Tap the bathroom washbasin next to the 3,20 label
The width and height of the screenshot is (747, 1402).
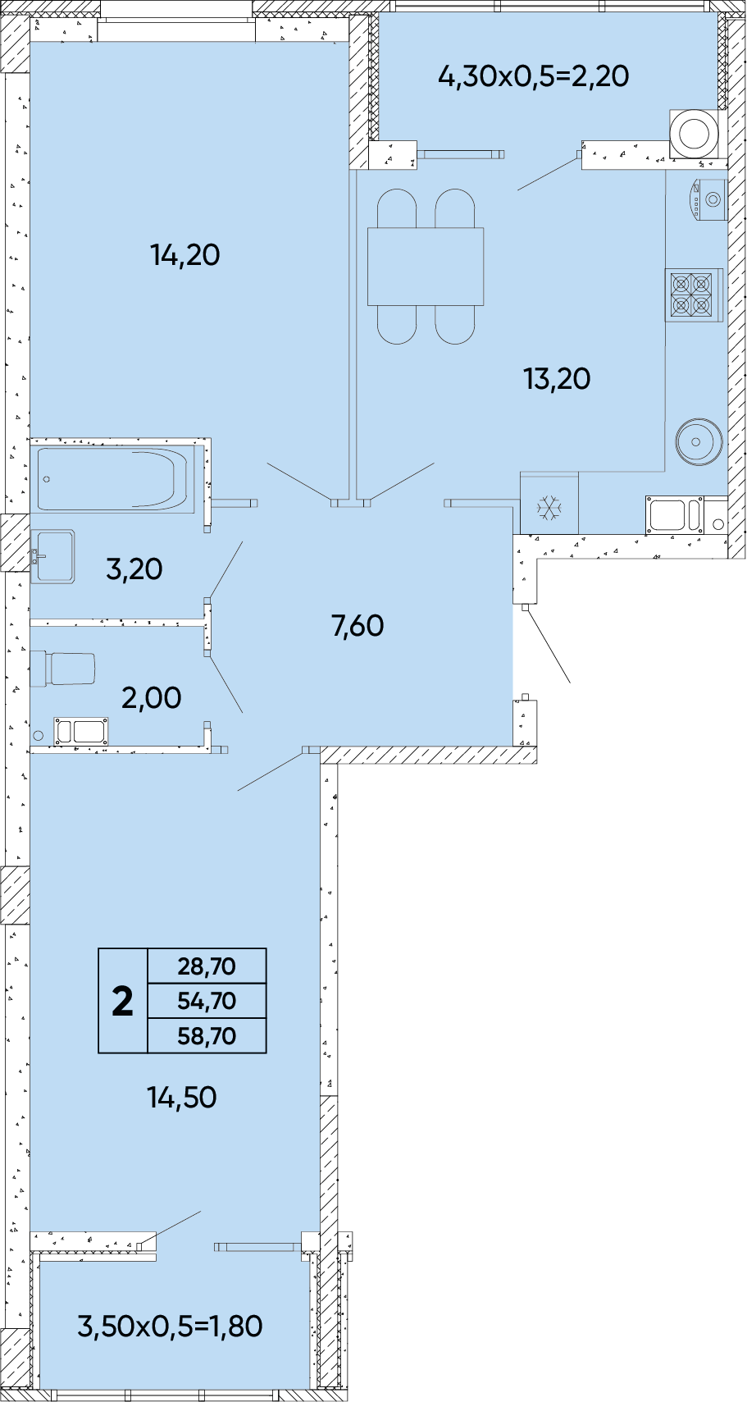pyautogui.click(x=54, y=556)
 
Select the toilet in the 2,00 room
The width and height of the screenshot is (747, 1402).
pyautogui.click(x=62, y=669)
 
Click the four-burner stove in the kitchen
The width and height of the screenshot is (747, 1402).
pyautogui.click(x=692, y=295)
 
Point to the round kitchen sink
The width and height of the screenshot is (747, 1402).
pyautogui.click(x=699, y=441)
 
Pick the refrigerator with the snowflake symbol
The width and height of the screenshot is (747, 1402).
pyautogui.click(x=549, y=503)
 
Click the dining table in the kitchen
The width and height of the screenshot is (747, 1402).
pyautogui.click(x=426, y=267)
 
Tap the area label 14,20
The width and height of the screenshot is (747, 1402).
pyautogui.click(x=185, y=255)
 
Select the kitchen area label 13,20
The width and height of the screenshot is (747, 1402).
pyautogui.click(x=557, y=379)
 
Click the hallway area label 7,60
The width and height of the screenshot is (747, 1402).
pyautogui.click(x=358, y=625)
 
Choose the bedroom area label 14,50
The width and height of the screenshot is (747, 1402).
pyautogui.click(x=182, y=1097)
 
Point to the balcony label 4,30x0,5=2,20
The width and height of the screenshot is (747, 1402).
pyautogui.click(x=534, y=75)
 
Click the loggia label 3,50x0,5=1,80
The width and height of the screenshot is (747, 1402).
pyautogui.click(x=171, y=1326)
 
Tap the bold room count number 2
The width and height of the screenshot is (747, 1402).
pyautogui.click(x=123, y=1002)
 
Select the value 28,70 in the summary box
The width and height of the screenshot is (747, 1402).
pyautogui.click(x=207, y=966)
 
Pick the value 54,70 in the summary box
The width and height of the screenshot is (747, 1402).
pyautogui.click(x=207, y=1001)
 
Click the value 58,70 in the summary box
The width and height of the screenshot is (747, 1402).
pyautogui.click(x=207, y=1036)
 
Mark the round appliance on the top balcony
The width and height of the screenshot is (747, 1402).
pyautogui.click(x=695, y=134)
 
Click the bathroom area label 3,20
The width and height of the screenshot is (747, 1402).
pyautogui.click(x=134, y=569)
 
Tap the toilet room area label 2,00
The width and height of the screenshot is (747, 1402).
pyautogui.click(x=152, y=697)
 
